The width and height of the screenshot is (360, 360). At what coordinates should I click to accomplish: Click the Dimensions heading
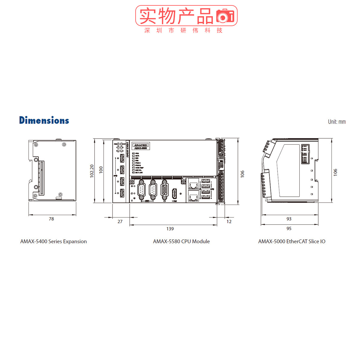pos(44,120)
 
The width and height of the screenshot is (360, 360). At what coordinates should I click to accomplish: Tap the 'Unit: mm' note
pos(337,122)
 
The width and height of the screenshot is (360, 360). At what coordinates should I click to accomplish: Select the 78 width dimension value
pos(51,219)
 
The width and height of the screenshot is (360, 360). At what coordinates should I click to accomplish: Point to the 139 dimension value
pos(170,229)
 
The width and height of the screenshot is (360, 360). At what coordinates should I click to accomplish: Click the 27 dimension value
pos(120,222)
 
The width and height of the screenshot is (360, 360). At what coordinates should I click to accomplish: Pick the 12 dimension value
pos(229,222)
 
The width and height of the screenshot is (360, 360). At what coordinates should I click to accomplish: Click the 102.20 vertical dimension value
pos(92,171)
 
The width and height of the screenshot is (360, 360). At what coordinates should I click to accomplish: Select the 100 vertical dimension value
pos(101,170)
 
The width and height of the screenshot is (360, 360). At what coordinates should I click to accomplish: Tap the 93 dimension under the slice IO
pos(289,219)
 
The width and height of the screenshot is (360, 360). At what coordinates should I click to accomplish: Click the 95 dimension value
pos(289,229)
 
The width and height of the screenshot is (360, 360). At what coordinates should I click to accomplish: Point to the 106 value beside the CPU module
pos(242,174)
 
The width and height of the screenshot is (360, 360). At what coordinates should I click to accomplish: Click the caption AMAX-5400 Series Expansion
pos(53,241)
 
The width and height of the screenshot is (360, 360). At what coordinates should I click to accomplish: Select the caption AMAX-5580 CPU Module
pos(181,241)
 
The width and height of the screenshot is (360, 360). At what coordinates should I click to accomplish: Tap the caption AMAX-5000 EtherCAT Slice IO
pos(292,241)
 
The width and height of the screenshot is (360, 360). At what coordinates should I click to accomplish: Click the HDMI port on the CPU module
pos(174,193)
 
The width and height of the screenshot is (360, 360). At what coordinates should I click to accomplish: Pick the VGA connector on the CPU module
pos(164,190)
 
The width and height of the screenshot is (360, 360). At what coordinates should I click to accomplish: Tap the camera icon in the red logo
pos(225,16)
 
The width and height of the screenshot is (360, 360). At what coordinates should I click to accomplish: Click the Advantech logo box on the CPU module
pos(140,146)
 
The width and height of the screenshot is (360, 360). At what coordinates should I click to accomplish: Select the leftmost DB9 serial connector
pos(141,190)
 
